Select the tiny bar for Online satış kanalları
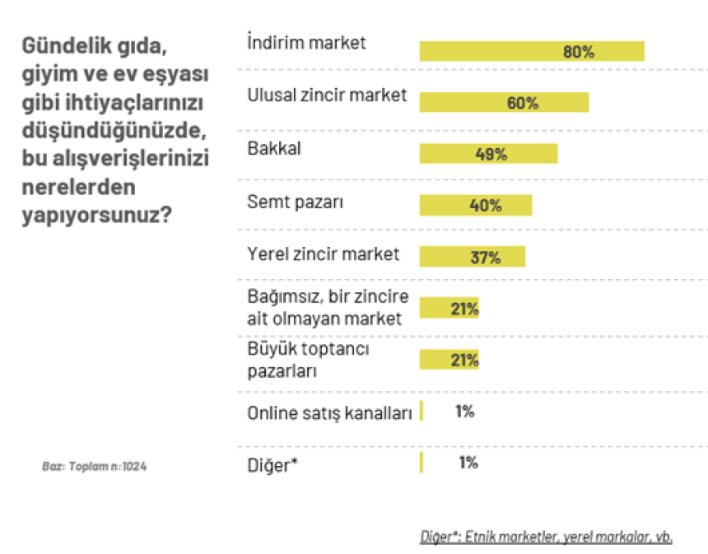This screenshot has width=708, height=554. [422, 411]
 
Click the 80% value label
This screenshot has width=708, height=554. [578, 51]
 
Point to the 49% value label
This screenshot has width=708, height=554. [491, 154]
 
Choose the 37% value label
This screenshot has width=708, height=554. [485, 257]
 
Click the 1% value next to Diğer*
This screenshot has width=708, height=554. [468, 463]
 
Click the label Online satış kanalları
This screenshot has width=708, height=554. [329, 413]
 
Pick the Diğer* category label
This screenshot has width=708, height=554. [272, 464]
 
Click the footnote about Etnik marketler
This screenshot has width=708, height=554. [546, 537]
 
